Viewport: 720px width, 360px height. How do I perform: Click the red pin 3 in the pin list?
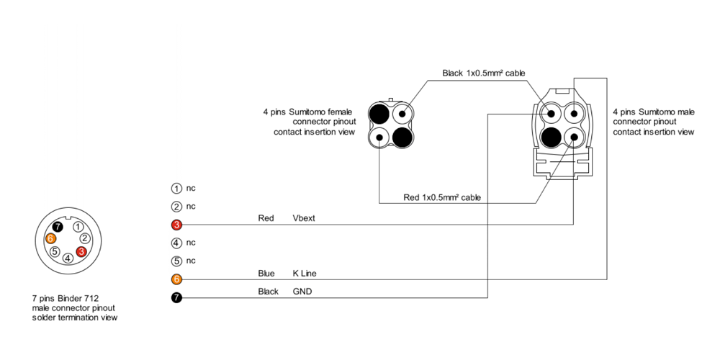coord(176,225)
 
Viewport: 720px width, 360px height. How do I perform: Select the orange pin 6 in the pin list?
coord(176,279)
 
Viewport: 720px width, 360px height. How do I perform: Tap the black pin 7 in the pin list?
coord(176,297)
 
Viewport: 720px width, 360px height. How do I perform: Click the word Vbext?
coord(304,218)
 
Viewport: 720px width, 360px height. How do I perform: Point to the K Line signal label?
coord(305,274)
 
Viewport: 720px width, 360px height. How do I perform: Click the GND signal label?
coord(302,292)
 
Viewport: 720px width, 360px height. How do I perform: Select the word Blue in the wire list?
coord(266,274)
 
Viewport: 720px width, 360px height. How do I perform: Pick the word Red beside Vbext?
coord(266,218)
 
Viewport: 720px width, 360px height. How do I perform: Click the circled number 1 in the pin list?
coord(176,189)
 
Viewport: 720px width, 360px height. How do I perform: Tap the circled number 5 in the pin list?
coord(176,261)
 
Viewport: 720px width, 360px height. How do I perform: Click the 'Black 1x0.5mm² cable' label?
coord(483,73)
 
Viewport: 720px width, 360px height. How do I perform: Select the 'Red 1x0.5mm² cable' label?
coord(442,197)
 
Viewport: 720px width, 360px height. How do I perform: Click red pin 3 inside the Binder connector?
coord(81,251)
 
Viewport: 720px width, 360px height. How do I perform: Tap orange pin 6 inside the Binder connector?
coord(50,238)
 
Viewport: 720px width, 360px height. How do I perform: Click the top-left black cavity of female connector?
coord(379,113)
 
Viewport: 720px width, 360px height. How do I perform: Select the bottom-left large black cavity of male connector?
coord(552,136)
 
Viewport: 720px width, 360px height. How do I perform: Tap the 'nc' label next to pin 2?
coord(191,207)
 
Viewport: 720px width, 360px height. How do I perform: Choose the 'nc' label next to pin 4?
coord(191,243)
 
